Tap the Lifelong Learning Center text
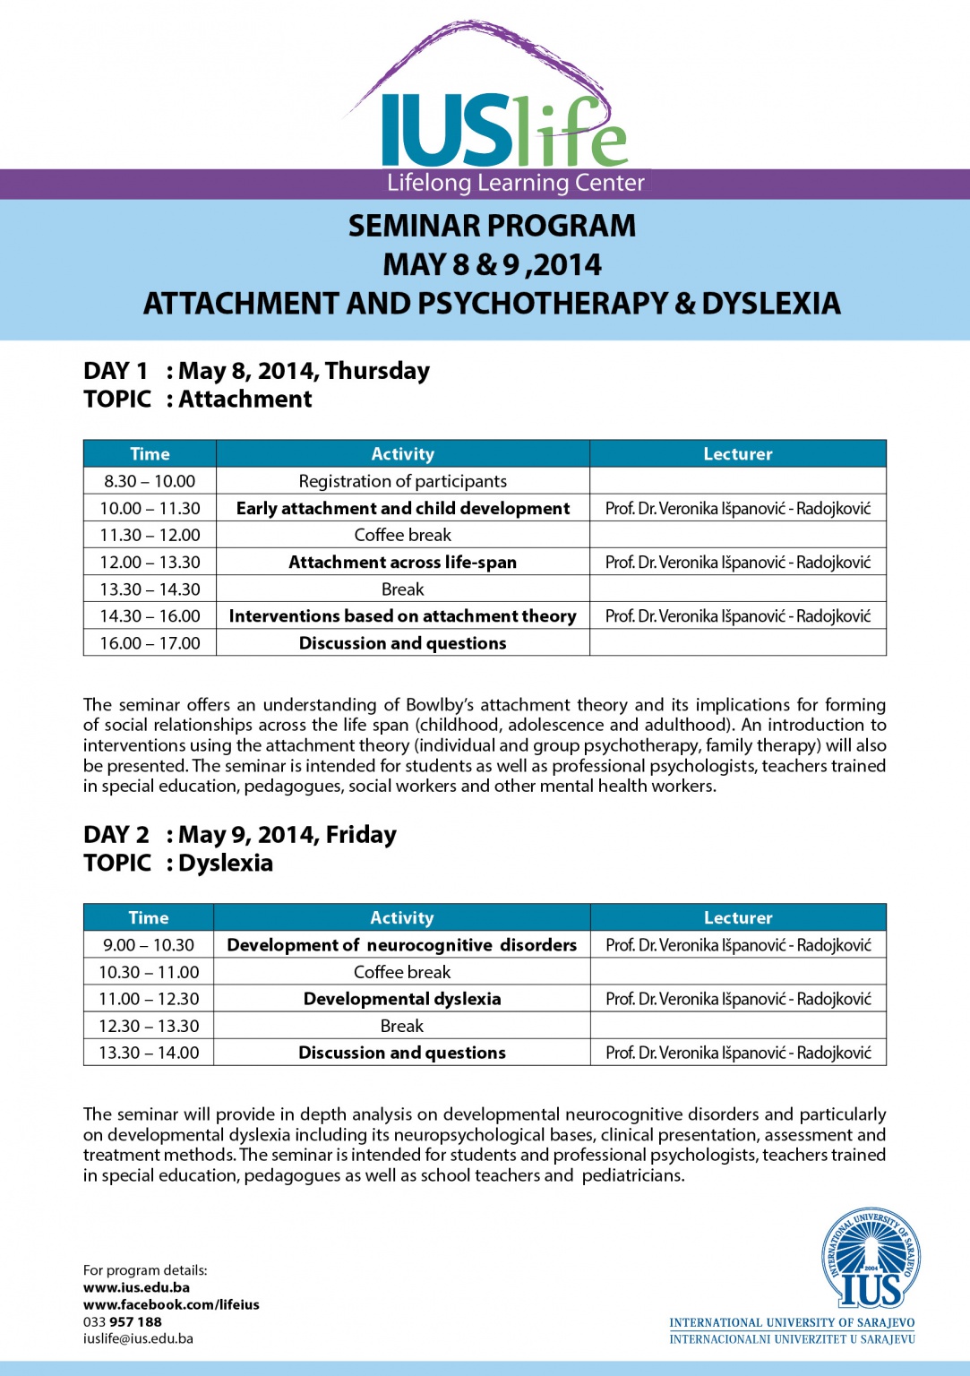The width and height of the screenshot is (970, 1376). coord(515,184)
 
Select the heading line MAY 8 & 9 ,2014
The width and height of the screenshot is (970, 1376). coord(492,265)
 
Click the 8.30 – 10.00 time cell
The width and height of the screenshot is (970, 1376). coord(150,481)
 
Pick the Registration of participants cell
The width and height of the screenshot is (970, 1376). coord(402,481)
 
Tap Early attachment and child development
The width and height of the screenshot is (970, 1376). coord(402,508)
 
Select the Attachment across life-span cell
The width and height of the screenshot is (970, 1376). coord(402,562)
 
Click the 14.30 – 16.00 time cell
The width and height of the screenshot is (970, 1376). coord(150,615)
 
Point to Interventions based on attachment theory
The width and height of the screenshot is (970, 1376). coord(402,615)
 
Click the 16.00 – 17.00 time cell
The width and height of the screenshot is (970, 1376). coord(150,642)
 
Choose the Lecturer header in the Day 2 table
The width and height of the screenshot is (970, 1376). coord(737,917)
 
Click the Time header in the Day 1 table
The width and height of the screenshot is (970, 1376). coord(150,454)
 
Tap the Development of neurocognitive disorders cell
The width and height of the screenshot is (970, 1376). coord(401,944)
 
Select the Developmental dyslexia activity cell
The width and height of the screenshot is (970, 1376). coord(401,998)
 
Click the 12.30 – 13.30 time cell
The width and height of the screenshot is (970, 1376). coord(149,1026)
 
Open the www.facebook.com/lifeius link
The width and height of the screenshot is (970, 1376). coord(171,1304)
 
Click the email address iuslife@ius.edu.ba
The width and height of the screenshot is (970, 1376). coord(138,1338)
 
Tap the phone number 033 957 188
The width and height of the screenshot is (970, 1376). coord(123,1321)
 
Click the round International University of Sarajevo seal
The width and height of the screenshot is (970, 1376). coord(871,1258)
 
